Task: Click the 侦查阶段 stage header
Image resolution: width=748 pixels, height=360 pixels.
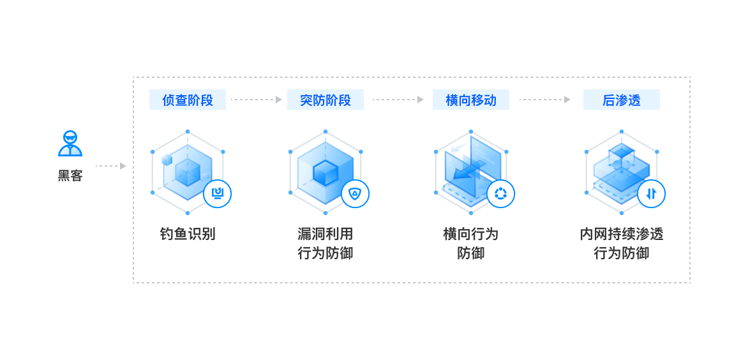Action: click(x=187, y=100)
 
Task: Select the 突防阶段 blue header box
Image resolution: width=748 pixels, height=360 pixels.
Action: click(x=325, y=100)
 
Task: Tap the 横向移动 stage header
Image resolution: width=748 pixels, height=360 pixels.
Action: click(x=470, y=100)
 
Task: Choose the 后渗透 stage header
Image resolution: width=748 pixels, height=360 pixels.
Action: click(x=621, y=100)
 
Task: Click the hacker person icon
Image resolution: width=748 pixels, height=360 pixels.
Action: click(x=70, y=144)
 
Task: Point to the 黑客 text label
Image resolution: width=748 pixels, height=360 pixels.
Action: click(x=70, y=176)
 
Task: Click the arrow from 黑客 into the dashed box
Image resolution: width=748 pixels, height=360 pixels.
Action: click(x=110, y=166)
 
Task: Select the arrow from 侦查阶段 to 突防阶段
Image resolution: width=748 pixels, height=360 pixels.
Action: click(x=256, y=100)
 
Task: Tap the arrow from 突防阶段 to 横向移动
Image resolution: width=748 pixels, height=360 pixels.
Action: click(x=398, y=100)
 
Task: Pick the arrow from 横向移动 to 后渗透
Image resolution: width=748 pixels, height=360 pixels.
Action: click(x=544, y=100)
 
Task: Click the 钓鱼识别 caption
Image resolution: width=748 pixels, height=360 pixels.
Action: click(x=187, y=234)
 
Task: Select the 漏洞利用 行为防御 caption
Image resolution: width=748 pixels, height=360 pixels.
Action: click(x=325, y=243)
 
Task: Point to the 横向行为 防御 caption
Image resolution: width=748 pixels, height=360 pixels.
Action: click(x=470, y=243)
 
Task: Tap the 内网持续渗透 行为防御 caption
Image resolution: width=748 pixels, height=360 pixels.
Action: click(x=621, y=243)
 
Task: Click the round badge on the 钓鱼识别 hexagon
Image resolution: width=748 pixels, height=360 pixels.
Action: click(x=218, y=193)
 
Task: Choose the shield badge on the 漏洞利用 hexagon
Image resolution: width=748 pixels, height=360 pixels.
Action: click(x=355, y=193)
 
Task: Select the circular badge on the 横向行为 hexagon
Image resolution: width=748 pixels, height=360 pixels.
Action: click(x=500, y=193)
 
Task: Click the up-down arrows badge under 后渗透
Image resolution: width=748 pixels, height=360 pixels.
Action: click(x=651, y=193)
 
